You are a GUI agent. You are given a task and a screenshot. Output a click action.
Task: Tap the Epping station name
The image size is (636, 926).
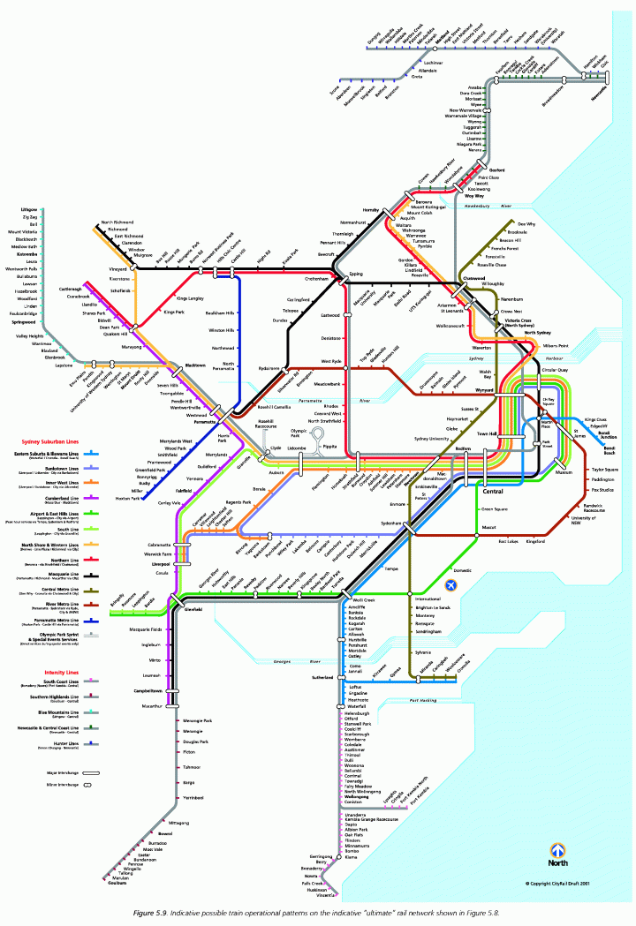point(356,275)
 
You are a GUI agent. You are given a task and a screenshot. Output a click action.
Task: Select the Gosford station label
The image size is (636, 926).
point(496,169)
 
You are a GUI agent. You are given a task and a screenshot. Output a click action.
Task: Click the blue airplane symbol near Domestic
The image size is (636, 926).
point(453,585)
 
